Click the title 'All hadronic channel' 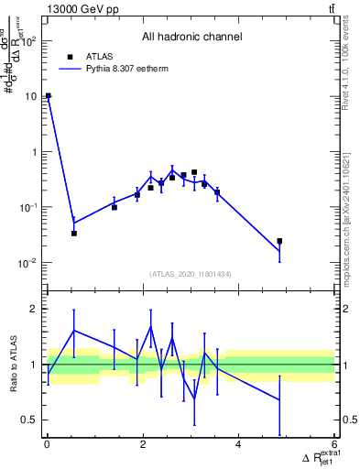click(191, 38)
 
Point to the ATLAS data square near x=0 click(48, 95)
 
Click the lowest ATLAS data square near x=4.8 click(279, 241)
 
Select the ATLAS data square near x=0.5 click(74, 233)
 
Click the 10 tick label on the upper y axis click(30, 96)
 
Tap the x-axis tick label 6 click(334, 445)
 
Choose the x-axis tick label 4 click(238, 445)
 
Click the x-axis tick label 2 click(143, 445)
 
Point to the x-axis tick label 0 click(47, 445)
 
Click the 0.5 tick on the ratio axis click(28, 420)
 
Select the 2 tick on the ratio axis click(34, 309)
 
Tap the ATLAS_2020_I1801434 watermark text click(191, 274)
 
